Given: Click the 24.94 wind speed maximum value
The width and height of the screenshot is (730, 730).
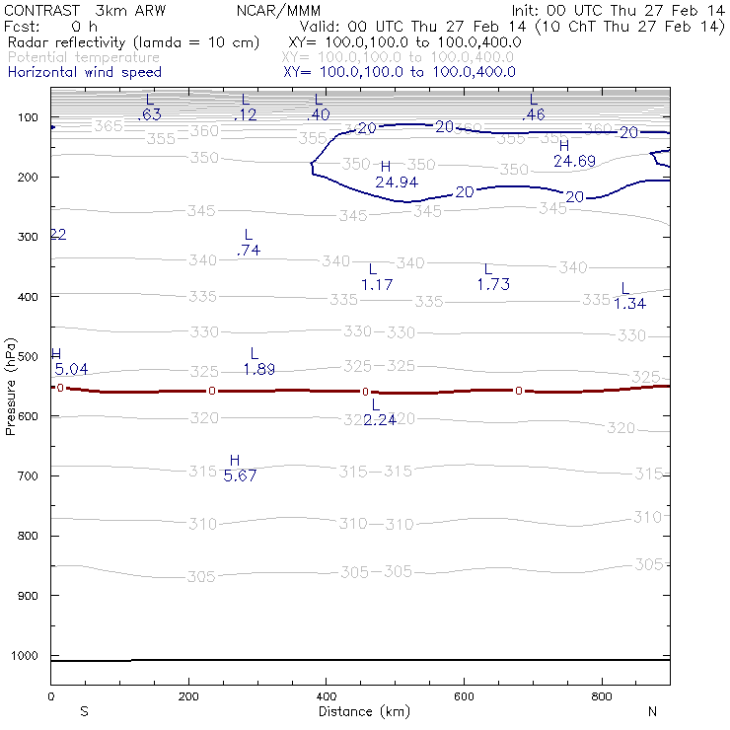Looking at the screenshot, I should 397,182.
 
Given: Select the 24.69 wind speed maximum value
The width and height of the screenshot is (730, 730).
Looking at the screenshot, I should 574,161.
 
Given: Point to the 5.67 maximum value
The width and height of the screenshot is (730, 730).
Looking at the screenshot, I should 240,475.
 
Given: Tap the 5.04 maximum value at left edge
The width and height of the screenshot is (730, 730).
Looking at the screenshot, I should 70,369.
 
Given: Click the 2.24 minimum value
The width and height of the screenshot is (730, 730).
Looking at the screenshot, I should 380,420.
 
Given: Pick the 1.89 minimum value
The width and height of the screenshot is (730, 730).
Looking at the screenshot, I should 258,370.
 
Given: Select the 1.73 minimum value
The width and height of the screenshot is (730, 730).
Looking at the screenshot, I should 492,284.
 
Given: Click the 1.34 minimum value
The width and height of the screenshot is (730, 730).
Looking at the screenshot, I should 629,303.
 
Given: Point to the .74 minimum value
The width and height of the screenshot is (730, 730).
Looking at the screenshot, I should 249,252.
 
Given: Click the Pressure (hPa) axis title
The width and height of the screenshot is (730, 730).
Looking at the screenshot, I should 10,386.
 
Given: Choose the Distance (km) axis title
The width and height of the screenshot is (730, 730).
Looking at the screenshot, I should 359,710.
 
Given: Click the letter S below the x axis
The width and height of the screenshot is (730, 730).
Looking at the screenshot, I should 84,710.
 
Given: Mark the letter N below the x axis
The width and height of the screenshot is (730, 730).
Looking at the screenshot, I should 651,710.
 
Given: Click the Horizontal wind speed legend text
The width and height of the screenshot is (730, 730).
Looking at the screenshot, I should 84,72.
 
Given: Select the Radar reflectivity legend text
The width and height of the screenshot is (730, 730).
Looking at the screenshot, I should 133,42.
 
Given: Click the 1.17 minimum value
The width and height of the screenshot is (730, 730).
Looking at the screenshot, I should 377,284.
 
